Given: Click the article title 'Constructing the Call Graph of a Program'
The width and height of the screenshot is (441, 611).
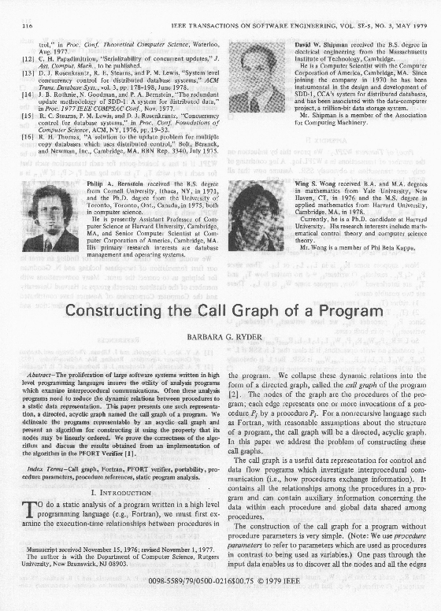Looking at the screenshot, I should pyautogui.click(x=220, y=310).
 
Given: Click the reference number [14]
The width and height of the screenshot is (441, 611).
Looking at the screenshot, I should pyautogui.click(x=28, y=92).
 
